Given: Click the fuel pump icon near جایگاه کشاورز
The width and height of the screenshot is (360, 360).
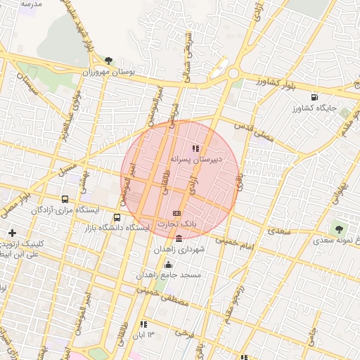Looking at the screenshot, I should pos(314,97).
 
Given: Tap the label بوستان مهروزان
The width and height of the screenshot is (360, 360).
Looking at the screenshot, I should pos(108,72).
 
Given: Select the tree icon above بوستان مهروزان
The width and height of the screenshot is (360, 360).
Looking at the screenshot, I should pos(108,61).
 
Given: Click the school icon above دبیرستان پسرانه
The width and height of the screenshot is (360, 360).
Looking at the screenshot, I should pos(195,148).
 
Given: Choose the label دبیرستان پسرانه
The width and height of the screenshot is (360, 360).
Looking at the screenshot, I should pos(196,160).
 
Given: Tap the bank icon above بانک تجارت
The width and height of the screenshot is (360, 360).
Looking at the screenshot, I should pos(176,213).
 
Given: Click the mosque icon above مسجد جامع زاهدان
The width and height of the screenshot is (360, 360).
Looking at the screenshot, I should pos(168,264).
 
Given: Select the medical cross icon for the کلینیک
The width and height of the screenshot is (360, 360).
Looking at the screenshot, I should pos(11,232).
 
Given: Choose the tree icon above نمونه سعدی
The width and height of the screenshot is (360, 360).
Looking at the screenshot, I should pos(340,229).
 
